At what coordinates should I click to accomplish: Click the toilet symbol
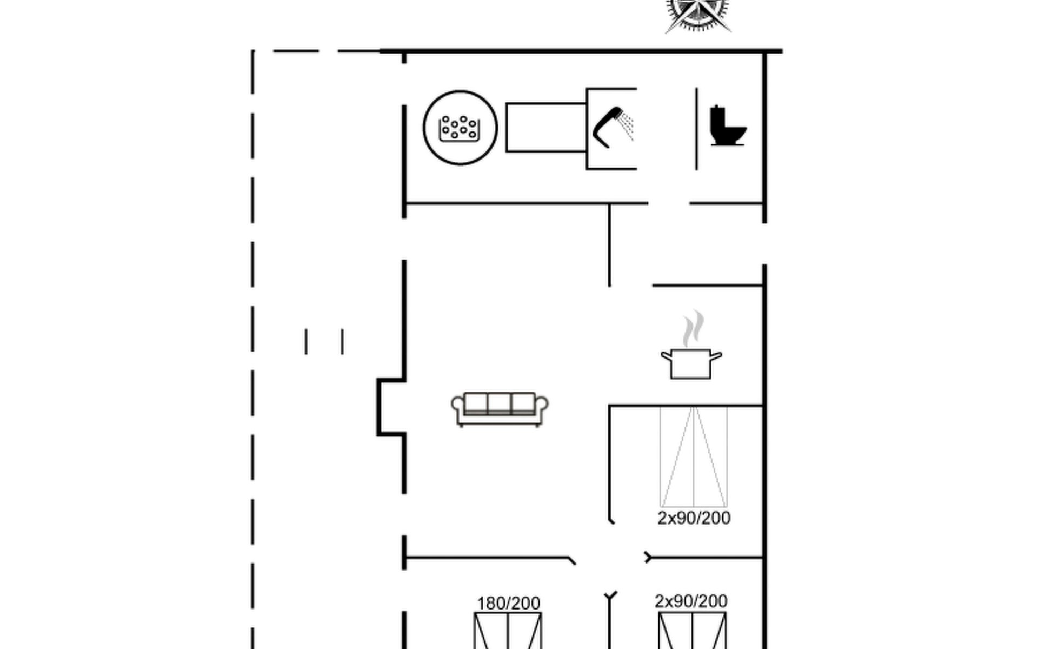pos(727,125)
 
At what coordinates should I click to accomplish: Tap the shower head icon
pos(613,127)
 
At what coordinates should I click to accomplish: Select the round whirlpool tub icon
pos(460,128)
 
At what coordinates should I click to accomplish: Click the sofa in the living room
pos(500,409)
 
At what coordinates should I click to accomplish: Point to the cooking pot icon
pos(691,364)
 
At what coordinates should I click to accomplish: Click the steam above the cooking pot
pos(693,329)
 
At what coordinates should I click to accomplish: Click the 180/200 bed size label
pos(508,603)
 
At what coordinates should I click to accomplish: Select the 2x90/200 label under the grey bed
pos(694,518)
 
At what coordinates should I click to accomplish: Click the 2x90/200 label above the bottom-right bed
pos(691,601)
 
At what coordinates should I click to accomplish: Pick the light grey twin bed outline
pos(694,457)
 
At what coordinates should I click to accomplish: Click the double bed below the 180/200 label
pos(508,631)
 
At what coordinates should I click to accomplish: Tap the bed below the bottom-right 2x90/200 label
pos(693,631)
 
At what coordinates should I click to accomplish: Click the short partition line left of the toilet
pos(696,129)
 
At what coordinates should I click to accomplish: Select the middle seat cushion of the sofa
pos(499,403)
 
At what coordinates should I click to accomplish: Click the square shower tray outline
pos(587,129)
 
